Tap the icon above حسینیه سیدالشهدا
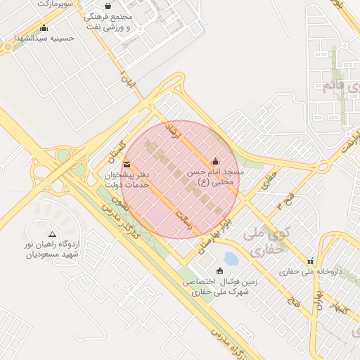point(45,28)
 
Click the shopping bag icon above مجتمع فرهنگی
point(107,6)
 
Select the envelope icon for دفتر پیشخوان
point(127,165)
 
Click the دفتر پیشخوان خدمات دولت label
point(127,179)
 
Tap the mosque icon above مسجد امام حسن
point(215,161)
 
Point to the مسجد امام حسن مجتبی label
point(215,176)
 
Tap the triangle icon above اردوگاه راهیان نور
point(52,234)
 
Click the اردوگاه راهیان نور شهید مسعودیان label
point(52,250)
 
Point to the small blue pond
point(230,259)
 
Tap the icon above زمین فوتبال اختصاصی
point(219,271)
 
